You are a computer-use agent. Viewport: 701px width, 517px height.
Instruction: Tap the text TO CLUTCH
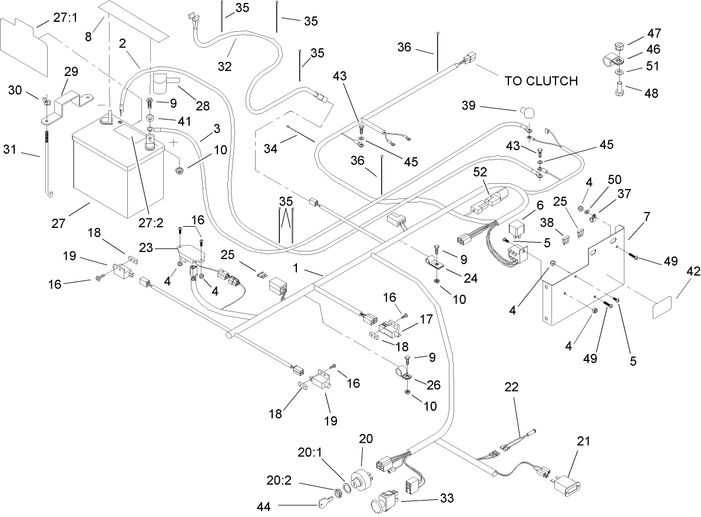tap(541, 81)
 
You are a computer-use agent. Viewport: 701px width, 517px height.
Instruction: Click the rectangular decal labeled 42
tap(662, 308)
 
